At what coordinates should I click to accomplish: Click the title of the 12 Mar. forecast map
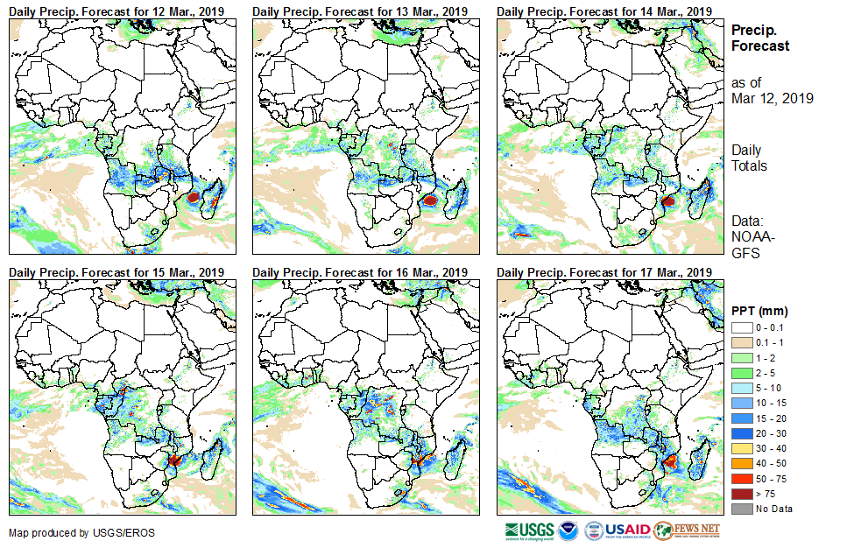tap(116, 11)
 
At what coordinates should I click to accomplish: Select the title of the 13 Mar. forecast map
tap(360, 11)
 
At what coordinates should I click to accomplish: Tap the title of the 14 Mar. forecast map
tap(603, 11)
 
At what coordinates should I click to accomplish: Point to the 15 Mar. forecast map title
tap(116, 273)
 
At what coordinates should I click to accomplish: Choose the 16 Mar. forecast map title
tap(360, 273)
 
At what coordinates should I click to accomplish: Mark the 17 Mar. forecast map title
tap(603, 273)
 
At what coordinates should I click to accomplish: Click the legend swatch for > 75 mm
tap(739, 494)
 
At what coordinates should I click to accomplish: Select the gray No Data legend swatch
tap(739, 509)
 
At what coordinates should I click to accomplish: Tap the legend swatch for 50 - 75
tap(739, 478)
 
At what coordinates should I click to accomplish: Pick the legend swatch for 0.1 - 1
tap(739, 342)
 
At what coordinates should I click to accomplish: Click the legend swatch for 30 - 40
tap(739, 448)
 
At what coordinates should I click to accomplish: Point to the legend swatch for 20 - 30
tap(739, 433)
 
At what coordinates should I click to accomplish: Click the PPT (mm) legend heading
tap(759, 311)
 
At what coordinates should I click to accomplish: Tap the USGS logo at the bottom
tap(529, 530)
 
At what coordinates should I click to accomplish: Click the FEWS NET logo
tap(687, 530)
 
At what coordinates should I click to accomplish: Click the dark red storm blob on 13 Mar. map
tap(430, 200)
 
